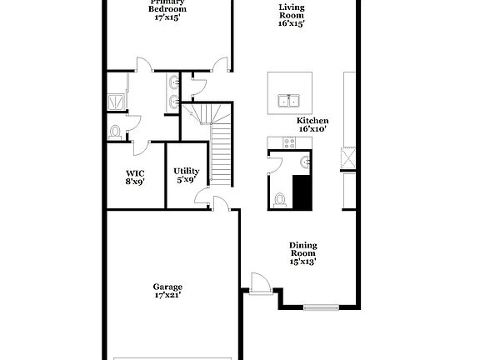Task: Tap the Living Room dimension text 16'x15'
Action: pyautogui.click(x=292, y=23)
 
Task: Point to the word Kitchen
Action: pyautogui.click(x=313, y=120)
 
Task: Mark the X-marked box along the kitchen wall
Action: pyautogui.click(x=348, y=156)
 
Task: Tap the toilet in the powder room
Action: pyautogui.click(x=280, y=200)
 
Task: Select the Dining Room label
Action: pyautogui.click(x=302, y=246)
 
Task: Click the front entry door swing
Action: pyautogui.click(x=260, y=282)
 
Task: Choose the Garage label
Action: pyautogui.click(x=167, y=287)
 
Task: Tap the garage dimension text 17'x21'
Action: pyautogui.click(x=167, y=295)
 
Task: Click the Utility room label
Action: pyautogui.click(x=186, y=171)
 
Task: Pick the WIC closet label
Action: pyautogui.click(x=135, y=174)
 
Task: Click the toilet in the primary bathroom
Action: pyautogui.click(x=115, y=131)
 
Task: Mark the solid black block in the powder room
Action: pyautogui.click(x=302, y=192)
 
